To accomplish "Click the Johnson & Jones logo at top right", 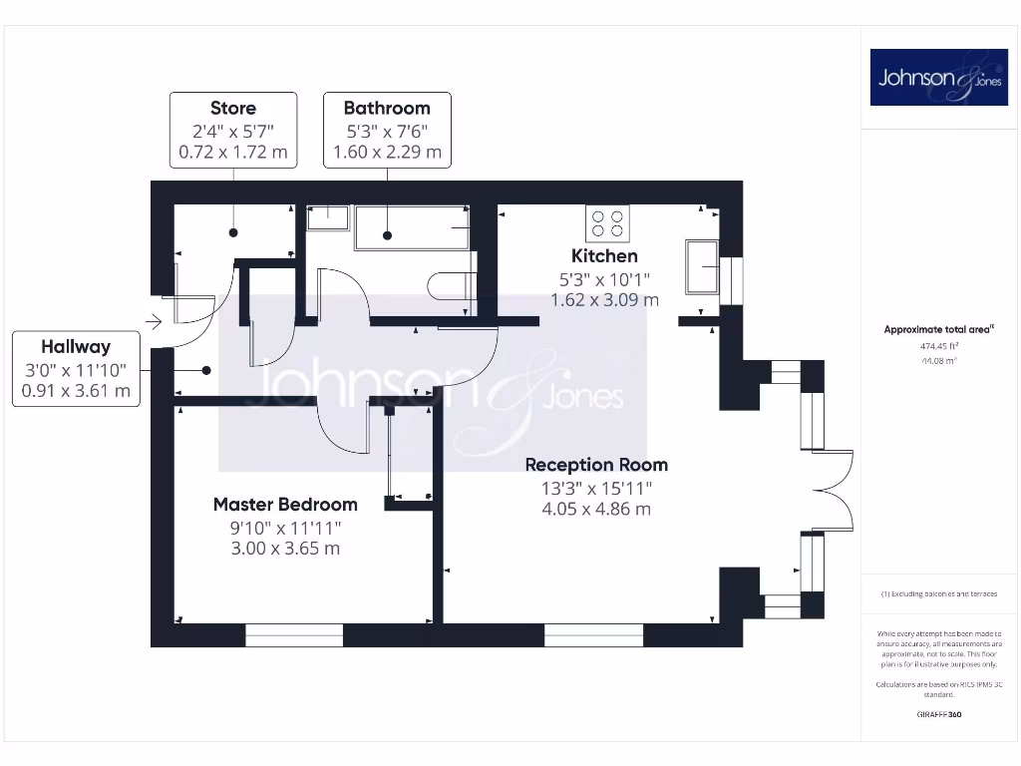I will pyautogui.click(x=938, y=78).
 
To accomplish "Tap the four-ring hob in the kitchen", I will pyautogui.click(x=607, y=222).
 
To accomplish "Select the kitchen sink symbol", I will pyautogui.click(x=703, y=266).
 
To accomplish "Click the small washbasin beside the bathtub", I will pyautogui.click(x=328, y=217).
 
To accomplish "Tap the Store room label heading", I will pyautogui.click(x=233, y=108).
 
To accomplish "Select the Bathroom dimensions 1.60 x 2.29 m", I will pyautogui.click(x=387, y=153).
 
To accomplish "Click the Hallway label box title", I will pyautogui.click(x=76, y=347).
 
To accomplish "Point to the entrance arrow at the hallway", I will pyautogui.click(x=153, y=322).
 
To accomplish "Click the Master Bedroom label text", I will pyautogui.click(x=285, y=504).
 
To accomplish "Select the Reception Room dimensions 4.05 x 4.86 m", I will pyautogui.click(x=596, y=509).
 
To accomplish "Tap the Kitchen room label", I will pyautogui.click(x=604, y=256).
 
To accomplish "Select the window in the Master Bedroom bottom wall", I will pyautogui.click(x=294, y=634).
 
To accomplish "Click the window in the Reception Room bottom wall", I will pyautogui.click(x=593, y=634).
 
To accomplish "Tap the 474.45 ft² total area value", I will pyautogui.click(x=938, y=348).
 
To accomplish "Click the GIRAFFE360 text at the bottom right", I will pyautogui.click(x=938, y=714).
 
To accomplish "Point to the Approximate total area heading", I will pyautogui.click(x=938, y=329).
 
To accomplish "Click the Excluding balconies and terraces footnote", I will pyautogui.click(x=938, y=593).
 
